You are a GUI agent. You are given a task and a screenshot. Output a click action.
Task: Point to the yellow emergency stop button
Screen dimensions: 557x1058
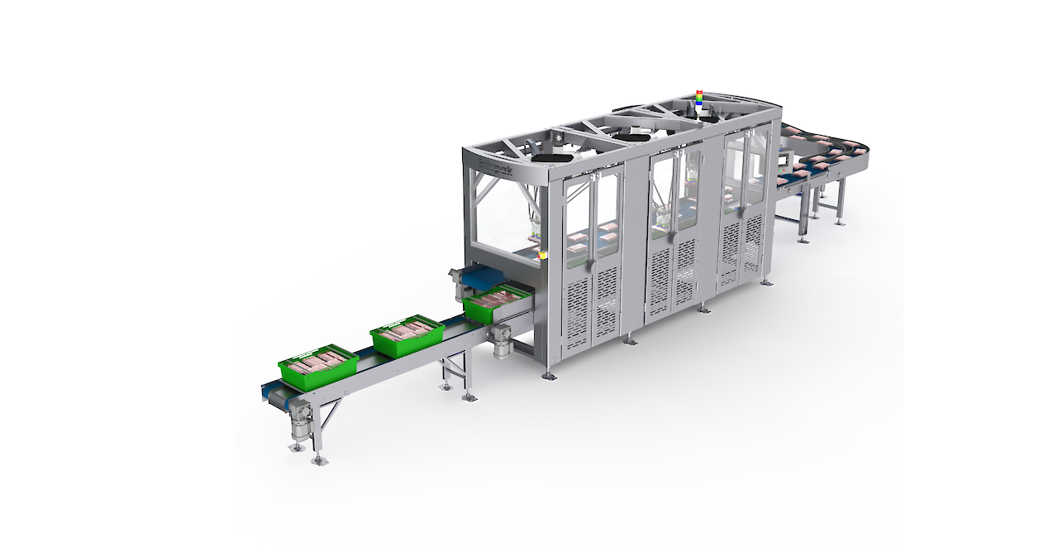click(x=542, y=256)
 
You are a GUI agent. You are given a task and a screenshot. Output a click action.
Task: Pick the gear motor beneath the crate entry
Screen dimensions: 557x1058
click(x=500, y=339)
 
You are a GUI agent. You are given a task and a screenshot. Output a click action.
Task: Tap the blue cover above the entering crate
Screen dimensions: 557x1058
click(x=488, y=277)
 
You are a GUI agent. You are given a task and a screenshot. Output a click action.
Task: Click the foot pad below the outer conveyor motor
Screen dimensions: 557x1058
click(x=295, y=447)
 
